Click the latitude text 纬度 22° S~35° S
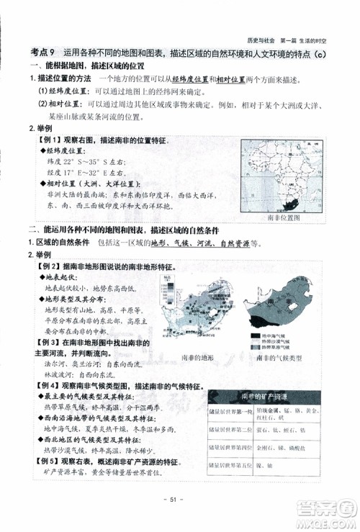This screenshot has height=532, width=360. click(83, 162)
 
